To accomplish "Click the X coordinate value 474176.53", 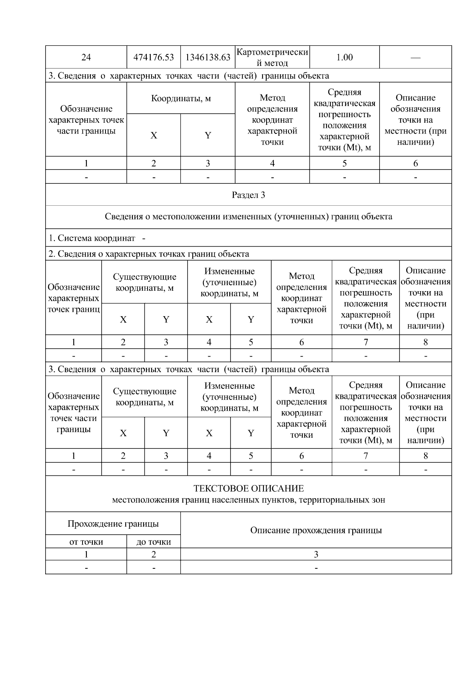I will [x=154, y=57].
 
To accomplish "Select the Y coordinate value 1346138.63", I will [x=208, y=57].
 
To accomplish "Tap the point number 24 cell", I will [x=86, y=57].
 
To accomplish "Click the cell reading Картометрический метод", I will [x=272, y=57].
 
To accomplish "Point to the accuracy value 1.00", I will [x=344, y=57].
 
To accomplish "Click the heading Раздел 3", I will [x=248, y=195].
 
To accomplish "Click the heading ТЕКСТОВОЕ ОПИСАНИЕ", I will [x=248, y=489].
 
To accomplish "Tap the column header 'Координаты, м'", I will [x=181, y=98].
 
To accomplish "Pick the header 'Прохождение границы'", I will [x=113, y=523].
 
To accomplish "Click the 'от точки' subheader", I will [x=86, y=542].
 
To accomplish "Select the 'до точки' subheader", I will [x=154, y=542].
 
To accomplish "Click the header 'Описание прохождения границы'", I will [x=316, y=530].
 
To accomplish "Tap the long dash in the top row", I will [x=415, y=58].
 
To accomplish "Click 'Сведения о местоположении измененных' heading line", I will [x=248, y=216].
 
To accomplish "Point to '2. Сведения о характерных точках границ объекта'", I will [x=149, y=254].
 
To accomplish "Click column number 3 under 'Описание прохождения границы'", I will [x=316, y=554].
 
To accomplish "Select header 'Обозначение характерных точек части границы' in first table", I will [x=86, y=120].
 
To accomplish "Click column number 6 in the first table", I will [x=415, y=163].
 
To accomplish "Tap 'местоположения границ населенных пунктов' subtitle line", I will [x=248, y=500].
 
